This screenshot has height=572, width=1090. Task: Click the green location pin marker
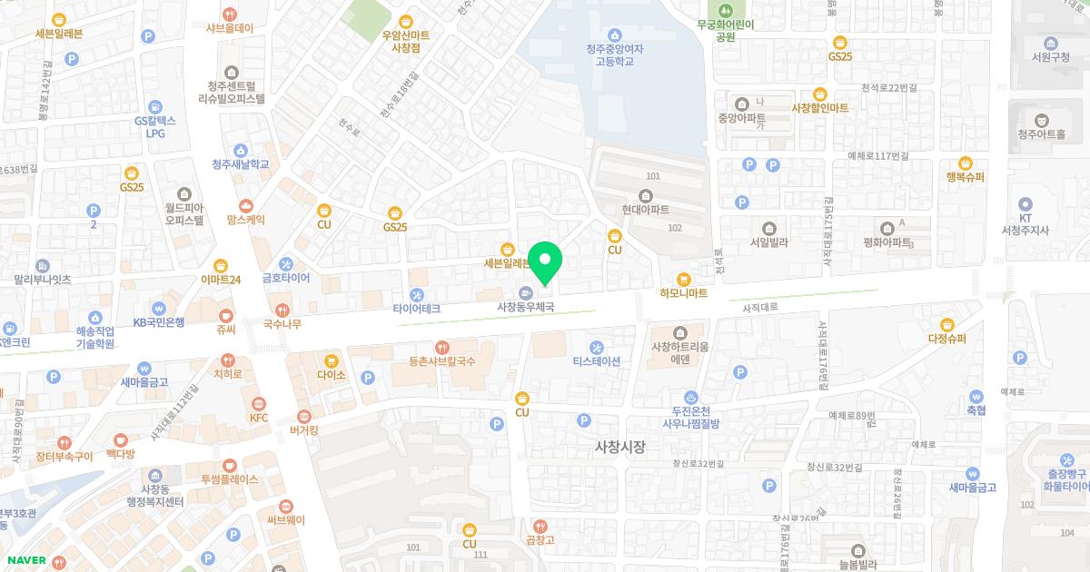(545, 262)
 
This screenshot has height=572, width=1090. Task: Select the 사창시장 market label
(619, 447)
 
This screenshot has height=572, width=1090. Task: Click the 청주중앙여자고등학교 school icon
(616, 35)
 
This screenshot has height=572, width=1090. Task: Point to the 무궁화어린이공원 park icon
(725, 11)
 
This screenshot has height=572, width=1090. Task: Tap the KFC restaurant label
(260, 418)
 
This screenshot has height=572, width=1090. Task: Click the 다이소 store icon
(331, 360)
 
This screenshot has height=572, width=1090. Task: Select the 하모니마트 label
(683, 293)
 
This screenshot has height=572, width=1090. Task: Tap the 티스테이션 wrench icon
(596, 347)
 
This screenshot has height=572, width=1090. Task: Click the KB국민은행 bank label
(159, 321)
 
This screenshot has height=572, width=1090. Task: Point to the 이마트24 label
(221, 280)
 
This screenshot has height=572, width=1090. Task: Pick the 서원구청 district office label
(1053, 56)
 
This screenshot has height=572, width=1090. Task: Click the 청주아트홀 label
(1041, 134)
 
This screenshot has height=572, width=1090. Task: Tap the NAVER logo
(25, 560)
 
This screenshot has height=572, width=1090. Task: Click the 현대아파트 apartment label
(645, 209)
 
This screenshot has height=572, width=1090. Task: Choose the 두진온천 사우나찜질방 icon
(690, 396)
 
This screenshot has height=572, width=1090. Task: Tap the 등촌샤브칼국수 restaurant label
(441, 361)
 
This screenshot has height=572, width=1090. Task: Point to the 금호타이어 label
(286, 278)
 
